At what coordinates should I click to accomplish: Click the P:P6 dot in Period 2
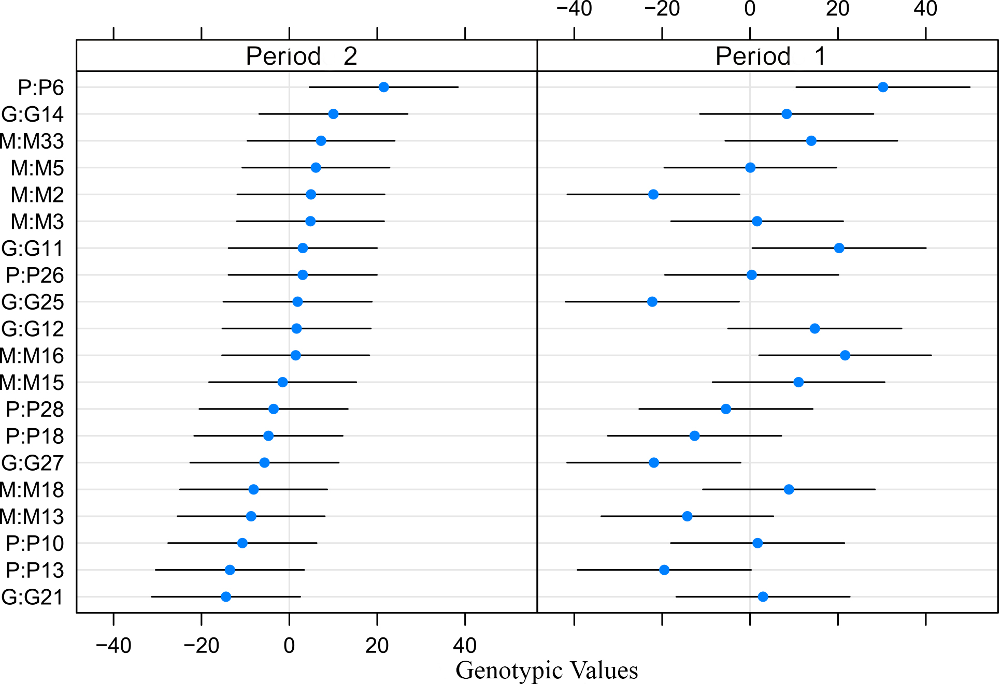pyautogui.click(x=383, y=87)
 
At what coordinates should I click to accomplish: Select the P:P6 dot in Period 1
pyautogui.click(x=883, y=87)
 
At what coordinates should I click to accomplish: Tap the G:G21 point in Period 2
pyautogui.click(x=226, y=596)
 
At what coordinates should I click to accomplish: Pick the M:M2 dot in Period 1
pyautogui.click(x=653, y=195)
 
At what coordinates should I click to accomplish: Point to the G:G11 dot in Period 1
pyautogui.click(x=839, y=248)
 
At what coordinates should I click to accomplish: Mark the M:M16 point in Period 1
pyautogui.click(x=845, y=355)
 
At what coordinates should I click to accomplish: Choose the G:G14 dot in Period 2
pyautogui.click(x=333, y=114)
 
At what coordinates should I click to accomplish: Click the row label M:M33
pyautogui.click(x=32, y=141)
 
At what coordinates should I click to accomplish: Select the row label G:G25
pyautogui.click(x=33, y=302)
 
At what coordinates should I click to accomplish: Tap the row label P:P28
pyautogui.click(x=35, y=409)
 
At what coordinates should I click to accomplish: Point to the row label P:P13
pyautogui.click(x=35, y=570)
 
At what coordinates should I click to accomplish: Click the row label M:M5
pyautogui.click(x=37, y=168)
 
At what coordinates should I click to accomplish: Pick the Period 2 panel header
pyautogui.click(x=302, y=56)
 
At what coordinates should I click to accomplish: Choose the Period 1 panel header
pyautogui.click(x=770, y=56)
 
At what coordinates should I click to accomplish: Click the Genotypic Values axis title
pyautogui.click(x=547, y=670)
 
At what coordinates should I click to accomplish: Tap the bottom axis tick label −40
pyautogui.click(x=113, y=646)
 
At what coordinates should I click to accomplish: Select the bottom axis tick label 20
pyautogui.click(x=377, y=646)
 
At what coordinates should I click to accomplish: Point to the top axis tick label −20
pyautogui.click(x=662, y=9)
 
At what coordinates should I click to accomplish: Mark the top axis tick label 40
pyautogui.click(x=925, y=9)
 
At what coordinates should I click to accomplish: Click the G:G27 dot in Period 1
pyautogui.click(x=654, y=462)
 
